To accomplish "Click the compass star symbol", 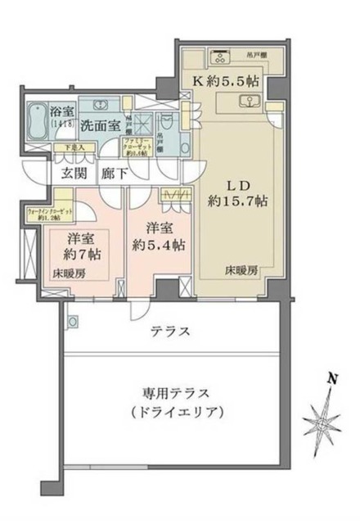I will coord(322,421).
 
